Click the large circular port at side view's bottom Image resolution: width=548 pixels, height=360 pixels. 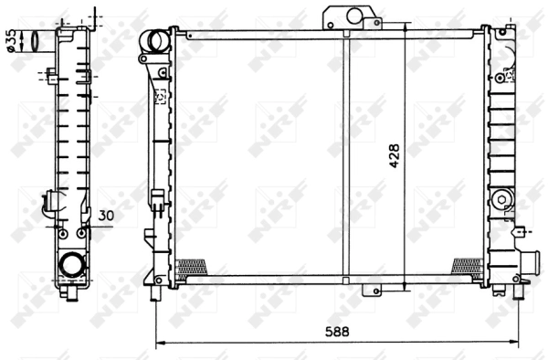tap(70, 266)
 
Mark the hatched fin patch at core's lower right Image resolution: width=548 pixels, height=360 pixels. tap(466, 266)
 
